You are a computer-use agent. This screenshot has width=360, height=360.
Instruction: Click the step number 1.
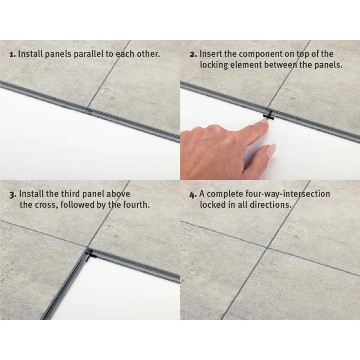pyautogui.click(x=12, y=54)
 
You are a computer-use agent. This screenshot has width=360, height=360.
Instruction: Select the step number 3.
pyautogui.click(x=13, y=195)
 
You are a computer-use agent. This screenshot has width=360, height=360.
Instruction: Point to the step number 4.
pyautogui.click(x=193, y=195)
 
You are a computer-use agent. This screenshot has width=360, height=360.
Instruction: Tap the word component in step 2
pyautogui.click(x=260, y=54)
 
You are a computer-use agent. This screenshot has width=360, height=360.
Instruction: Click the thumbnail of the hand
pyautogui.click(x=271, y=150)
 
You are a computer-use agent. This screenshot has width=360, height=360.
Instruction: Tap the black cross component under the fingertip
pyautogui.click(x=269, y=115)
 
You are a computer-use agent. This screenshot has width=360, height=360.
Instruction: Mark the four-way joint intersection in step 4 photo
pyautogui.click(x=267, y=248)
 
